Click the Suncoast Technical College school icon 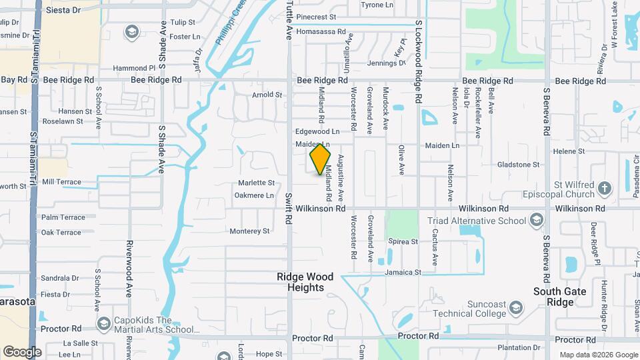point(515,307)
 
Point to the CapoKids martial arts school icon point(103,324)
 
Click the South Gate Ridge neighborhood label point(559,297)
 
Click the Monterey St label point(249,231)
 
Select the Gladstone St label point(517,165)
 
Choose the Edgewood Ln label point(317,132)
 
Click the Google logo point(22,352)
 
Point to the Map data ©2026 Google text point(597,355)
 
